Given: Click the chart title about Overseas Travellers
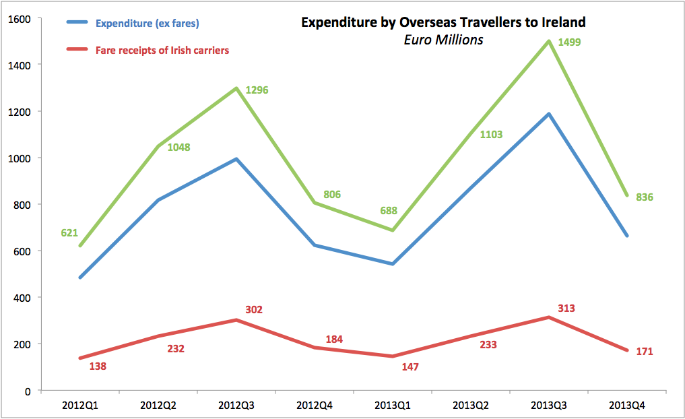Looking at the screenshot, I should point(443,22).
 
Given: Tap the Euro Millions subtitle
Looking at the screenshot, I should point(443,40).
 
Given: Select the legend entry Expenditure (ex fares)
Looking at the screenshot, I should point(147,24).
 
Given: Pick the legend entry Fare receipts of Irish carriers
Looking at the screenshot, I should point(162,50).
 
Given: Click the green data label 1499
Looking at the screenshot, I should point(569,42).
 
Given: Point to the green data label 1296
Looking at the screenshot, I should point(257,90).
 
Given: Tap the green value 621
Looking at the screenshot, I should point(69,233).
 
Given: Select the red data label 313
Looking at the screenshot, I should point(566,309).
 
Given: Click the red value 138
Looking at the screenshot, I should point(98,366).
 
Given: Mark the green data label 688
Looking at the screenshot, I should point(388,211).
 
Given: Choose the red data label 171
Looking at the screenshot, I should point(645,352).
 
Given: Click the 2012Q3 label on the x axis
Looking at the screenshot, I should point(236,405).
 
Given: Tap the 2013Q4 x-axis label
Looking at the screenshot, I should point(627,405).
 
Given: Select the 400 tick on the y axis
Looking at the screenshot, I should point(25,298).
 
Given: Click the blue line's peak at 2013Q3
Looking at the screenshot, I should point(549,114).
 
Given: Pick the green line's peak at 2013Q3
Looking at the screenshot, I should point(549,41).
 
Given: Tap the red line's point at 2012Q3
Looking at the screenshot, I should point(236,320).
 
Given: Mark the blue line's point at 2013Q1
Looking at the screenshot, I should point(392,264).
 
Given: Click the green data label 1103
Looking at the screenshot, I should point(491,135).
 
